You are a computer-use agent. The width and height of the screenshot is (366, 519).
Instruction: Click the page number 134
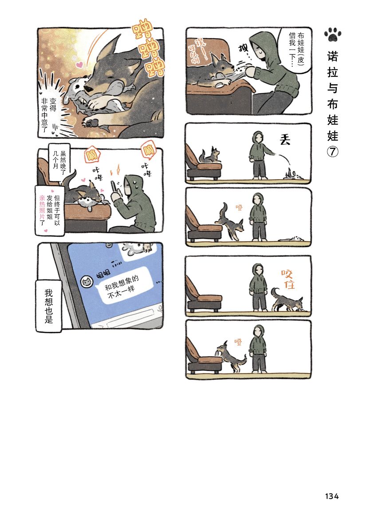pos(332,496)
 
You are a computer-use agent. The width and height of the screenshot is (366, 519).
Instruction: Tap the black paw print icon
pos(333,34)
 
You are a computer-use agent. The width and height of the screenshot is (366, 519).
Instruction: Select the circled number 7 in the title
pos(333,152)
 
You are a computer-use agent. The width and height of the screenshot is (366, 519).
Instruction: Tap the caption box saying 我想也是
pos(49,306)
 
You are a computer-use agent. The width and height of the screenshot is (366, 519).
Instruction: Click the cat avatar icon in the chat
pos(87,282)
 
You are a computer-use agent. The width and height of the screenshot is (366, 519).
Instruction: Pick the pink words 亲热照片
pos(42,208)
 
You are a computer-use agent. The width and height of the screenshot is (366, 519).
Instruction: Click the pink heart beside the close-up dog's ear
pos(79,65)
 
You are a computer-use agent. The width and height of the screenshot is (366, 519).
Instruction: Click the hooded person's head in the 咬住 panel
pos(258,271)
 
